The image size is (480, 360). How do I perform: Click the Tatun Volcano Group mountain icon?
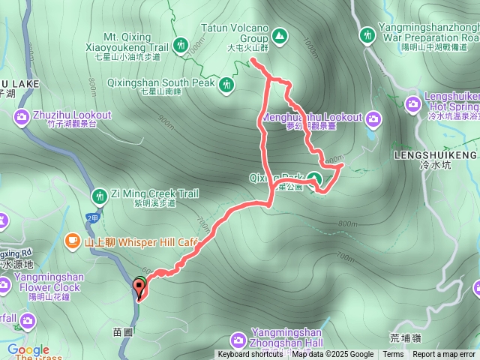(x=279, y=35)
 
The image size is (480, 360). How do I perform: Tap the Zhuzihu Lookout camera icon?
(x=22, y=115)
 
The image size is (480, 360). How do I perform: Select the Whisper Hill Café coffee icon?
(x=72, y=240)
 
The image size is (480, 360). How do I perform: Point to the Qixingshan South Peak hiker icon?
(x=226, y=85)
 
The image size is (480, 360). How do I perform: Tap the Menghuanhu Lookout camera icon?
(x=373, y=118)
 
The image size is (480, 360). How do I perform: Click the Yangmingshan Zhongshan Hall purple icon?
(x=238, y=339)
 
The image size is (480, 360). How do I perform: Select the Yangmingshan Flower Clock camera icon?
(x=4, y=284)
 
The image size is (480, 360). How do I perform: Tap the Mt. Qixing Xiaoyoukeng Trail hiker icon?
(x=181, y=46)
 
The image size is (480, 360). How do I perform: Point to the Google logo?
(x=28, y=349)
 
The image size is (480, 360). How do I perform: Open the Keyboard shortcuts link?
(x=250, y=355)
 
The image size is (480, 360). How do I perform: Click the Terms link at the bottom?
(x=393, y=355)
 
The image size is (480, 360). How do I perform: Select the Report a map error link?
(x=444, y=355)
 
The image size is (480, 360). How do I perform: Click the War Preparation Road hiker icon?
(x=367, y=34)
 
